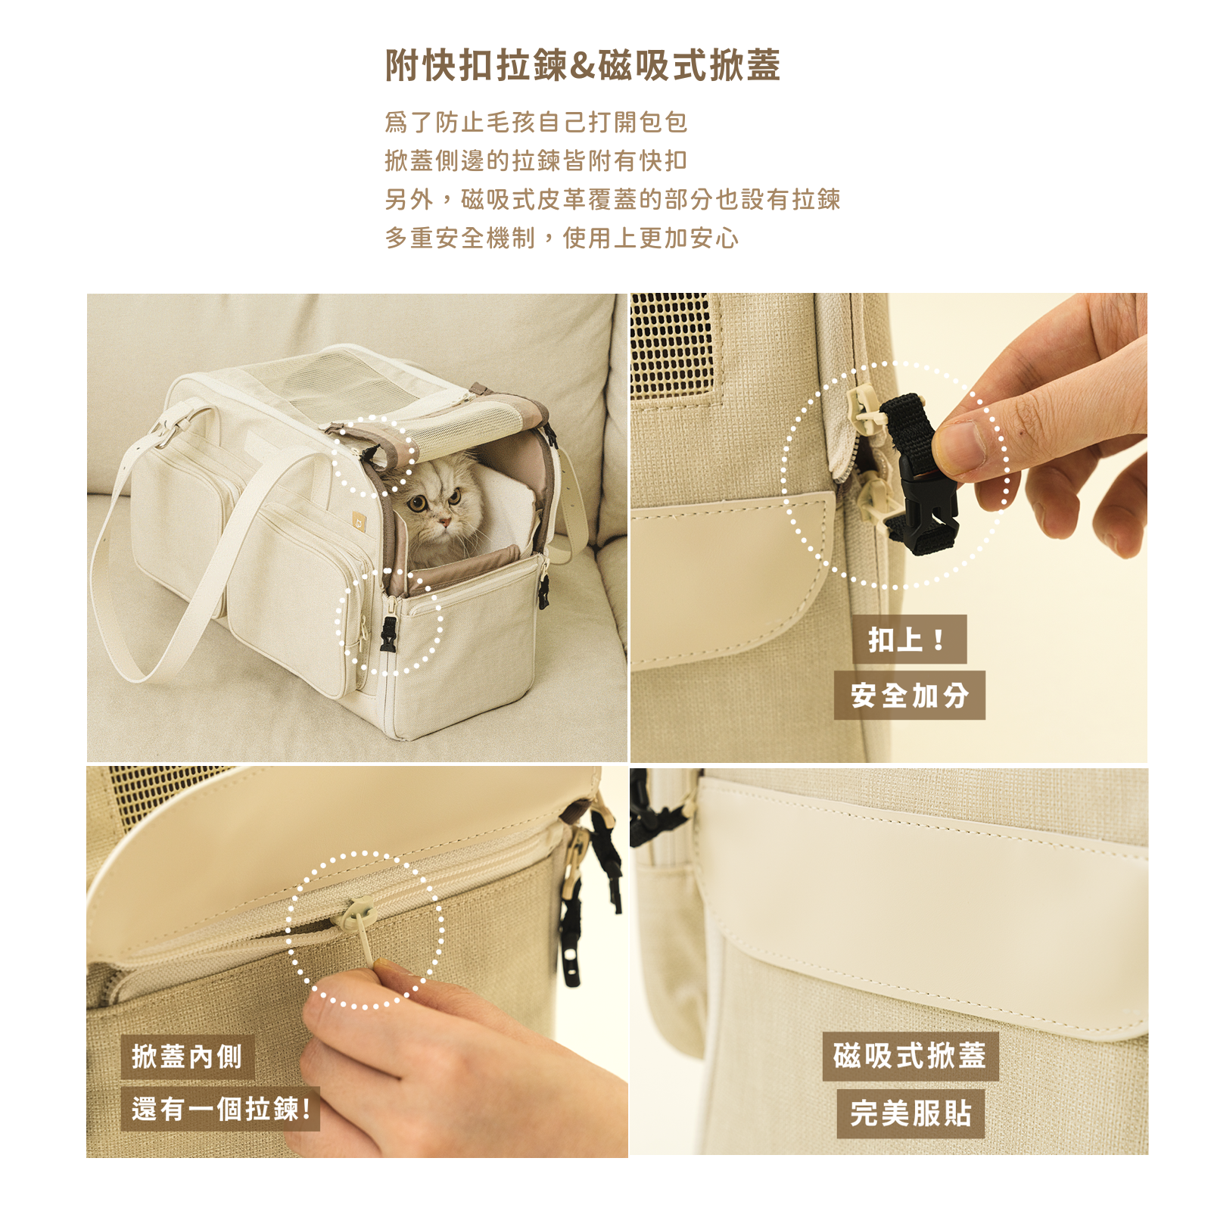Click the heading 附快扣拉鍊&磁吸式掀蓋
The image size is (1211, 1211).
(x=582, y=65)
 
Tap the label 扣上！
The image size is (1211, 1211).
(x=908, y=640)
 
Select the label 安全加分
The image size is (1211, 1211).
(x=909, y=695)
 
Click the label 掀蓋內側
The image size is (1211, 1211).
(x=187, y=1057)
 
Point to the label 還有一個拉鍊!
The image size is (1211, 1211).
(x=221, y=1109)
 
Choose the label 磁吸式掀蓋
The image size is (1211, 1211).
(x=910, y=1056)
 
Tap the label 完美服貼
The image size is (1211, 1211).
(x=911, y=1113)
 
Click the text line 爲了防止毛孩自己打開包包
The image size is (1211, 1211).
(x=536, y=122)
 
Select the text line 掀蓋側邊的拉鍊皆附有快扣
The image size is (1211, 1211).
(x=536, y=160)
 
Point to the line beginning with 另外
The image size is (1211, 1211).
(x=612, y=199)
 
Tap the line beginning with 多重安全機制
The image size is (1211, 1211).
(x=562, y=238)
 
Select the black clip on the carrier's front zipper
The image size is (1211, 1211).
(x=388, y=634)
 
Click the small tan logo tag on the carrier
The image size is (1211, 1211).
(x=358, y=520)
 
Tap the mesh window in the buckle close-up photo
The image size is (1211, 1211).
(x=671, y=344)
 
